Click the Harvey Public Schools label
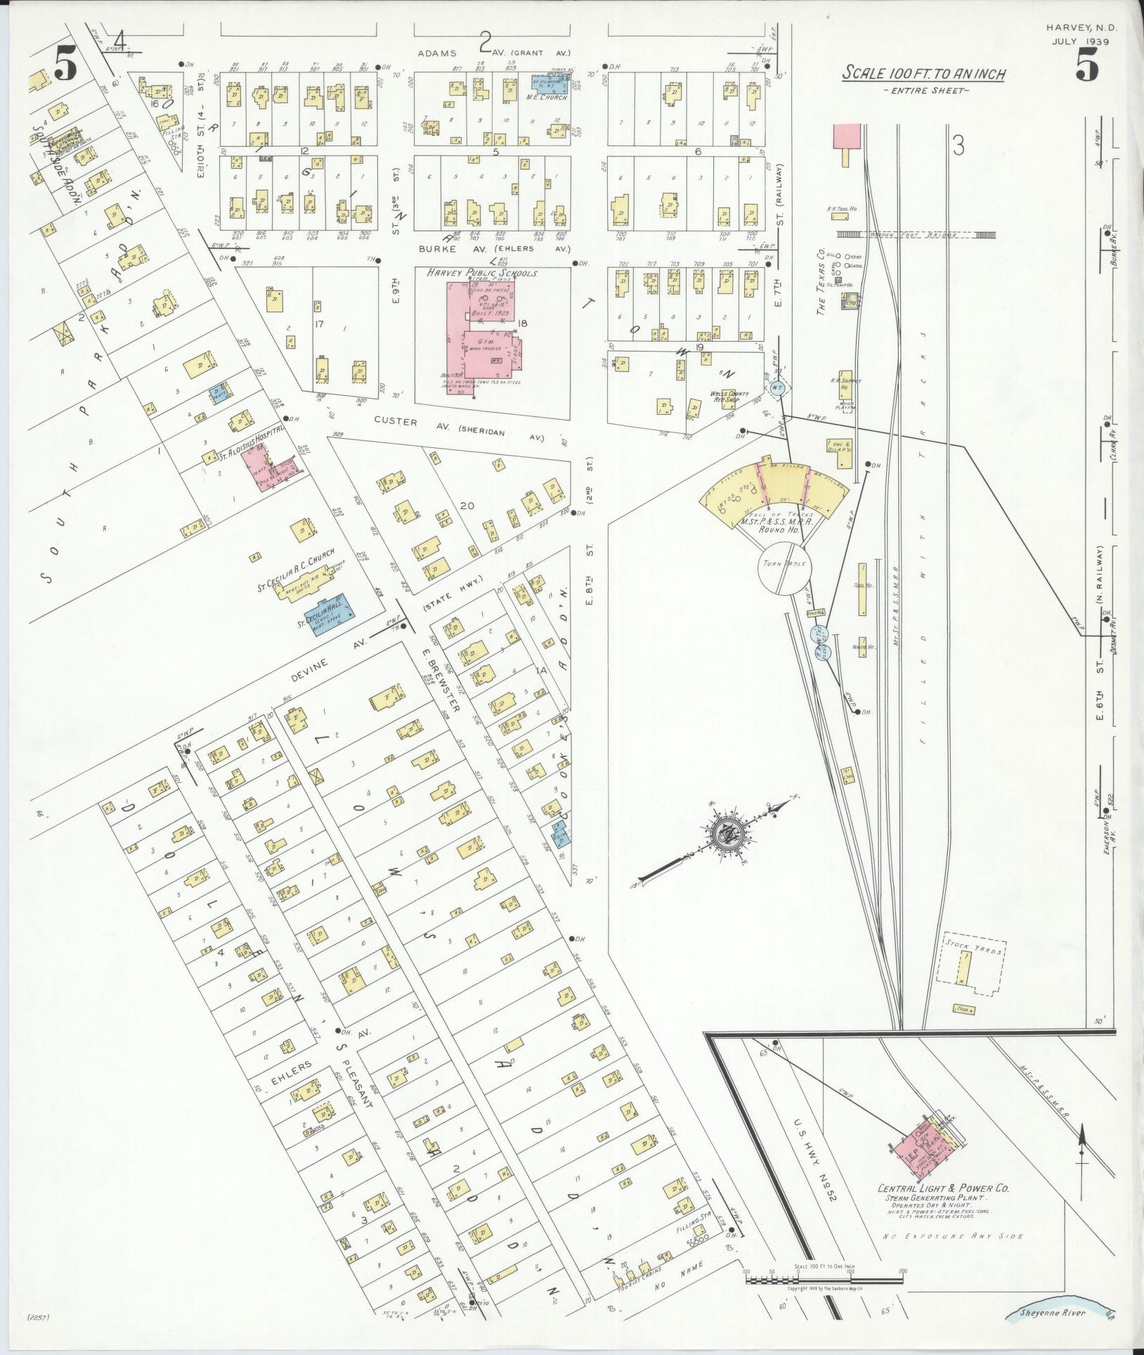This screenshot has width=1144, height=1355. tap(482, 274)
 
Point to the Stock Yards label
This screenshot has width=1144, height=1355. tap(974, 946)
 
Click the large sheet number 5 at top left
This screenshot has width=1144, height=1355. tap(65, 68)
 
